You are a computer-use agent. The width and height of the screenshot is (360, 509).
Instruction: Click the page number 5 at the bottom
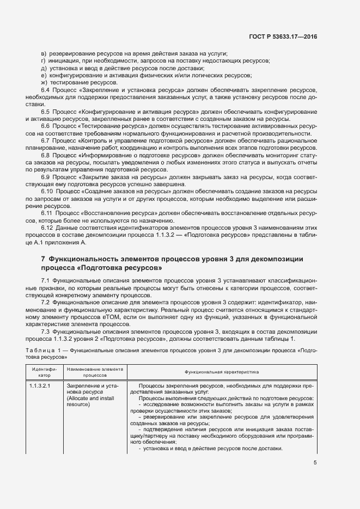pos(316,463)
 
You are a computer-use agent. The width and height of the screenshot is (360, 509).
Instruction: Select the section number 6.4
pos(46,89)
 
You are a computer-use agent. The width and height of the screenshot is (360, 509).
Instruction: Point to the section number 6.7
pos(46,140)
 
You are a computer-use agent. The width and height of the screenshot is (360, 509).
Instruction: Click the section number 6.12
pos(47,227)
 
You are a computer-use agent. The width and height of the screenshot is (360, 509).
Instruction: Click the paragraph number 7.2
pos(46,301)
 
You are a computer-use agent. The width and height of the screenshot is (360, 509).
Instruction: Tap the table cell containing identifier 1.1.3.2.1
pos(39,386)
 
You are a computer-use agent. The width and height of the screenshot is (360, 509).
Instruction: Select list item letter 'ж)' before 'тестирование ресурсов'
pos(44,82)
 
